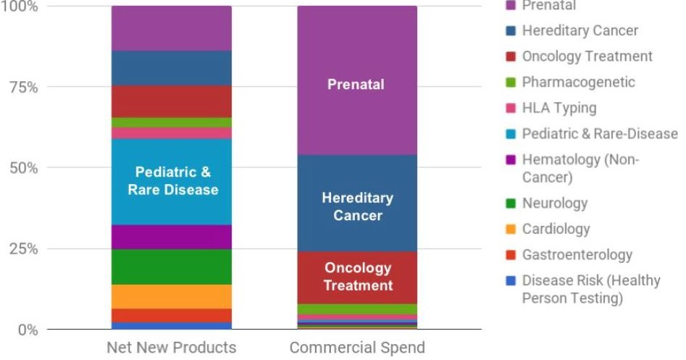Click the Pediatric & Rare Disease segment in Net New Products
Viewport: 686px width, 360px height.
[171, 181]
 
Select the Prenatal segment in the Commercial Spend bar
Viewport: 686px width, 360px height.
[357, 80]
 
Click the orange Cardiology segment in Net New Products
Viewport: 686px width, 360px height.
[171, 296]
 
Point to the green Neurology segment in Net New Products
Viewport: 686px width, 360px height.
[171, 267]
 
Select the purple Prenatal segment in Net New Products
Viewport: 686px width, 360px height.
[171, 28]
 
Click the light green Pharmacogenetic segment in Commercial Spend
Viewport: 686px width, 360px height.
[357, 309]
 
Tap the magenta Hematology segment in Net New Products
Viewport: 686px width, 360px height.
[171, 237]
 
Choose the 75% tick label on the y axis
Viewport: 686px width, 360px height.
[23, 87]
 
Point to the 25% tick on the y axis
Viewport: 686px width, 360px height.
[23, 248]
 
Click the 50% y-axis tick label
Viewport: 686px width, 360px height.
[23, 167]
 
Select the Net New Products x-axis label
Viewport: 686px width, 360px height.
[171, 348]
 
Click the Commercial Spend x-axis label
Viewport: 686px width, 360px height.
[357, 348]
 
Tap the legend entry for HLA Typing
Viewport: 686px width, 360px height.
[559, 108]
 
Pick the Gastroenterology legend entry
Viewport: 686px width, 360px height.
[577, 255]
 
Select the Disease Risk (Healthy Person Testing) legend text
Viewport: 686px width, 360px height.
[590, 289]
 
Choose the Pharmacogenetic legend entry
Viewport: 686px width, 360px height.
[578, 82]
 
